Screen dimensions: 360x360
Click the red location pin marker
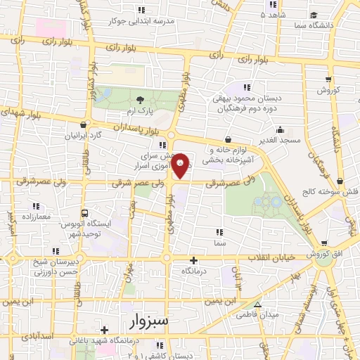click(181, 166)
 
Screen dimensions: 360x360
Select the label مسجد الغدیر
click(279, 140)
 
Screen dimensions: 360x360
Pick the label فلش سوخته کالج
click(330, 192)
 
